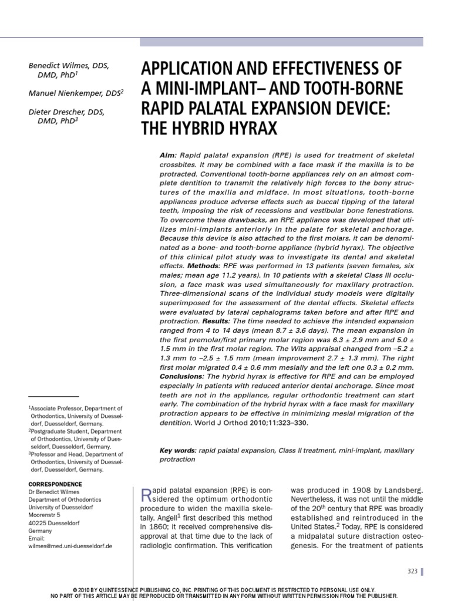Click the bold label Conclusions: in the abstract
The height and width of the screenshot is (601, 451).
point(181,375)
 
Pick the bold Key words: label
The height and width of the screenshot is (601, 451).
point(178,450)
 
